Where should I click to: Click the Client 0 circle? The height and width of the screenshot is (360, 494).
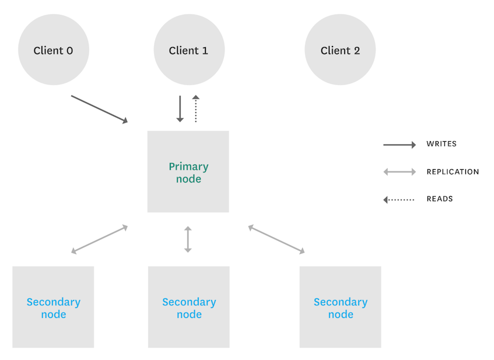tap(53, 50)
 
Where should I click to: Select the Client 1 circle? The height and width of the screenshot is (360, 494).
tap(188, 50)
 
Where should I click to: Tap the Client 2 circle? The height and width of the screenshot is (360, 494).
tap(340, 50)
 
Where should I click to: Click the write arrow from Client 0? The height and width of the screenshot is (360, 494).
tap(99, 109)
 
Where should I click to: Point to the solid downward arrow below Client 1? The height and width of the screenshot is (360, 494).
tap(180, 109)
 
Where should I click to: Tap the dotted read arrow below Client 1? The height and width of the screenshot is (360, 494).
tap(196, 109)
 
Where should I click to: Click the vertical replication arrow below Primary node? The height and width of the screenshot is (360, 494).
tap(188, 239)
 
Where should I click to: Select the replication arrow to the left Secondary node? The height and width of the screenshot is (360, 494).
tap(99, 239)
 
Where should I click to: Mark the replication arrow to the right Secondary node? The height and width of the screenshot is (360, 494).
tap(276, 239)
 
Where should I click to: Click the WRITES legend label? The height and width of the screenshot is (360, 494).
tap(442, 144)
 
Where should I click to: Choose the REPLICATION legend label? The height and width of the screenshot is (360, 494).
tap(453, 172)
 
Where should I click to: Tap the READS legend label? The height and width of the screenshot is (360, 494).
tap(440, 199)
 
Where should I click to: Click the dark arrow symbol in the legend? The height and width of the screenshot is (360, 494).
tap(400, 145)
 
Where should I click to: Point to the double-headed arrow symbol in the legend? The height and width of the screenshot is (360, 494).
tap(400, 172)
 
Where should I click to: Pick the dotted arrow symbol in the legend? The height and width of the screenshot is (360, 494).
tap(399, 200)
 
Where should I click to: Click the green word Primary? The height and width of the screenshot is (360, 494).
tap(188, 166)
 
